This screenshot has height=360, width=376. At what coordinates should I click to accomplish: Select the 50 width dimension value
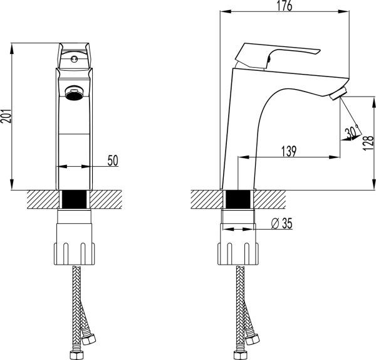(113, 161)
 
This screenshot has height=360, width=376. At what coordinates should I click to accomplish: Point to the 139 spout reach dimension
(289, 152)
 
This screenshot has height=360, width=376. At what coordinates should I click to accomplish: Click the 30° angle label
(350, 133)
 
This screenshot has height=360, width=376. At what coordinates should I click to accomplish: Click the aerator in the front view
(74, 93)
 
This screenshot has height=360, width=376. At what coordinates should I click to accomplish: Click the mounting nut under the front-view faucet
(75, 241)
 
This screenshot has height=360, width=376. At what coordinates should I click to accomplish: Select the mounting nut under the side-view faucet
(238, 241)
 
